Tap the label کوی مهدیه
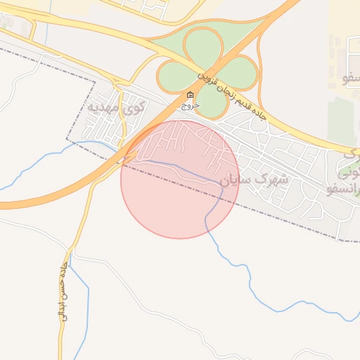coord(117,107)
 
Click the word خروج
coord(190,106)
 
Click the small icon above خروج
coord(190,95)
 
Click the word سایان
coord(234,181)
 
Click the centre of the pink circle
coord(180,179)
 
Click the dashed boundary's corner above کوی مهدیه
coord(94,82)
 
